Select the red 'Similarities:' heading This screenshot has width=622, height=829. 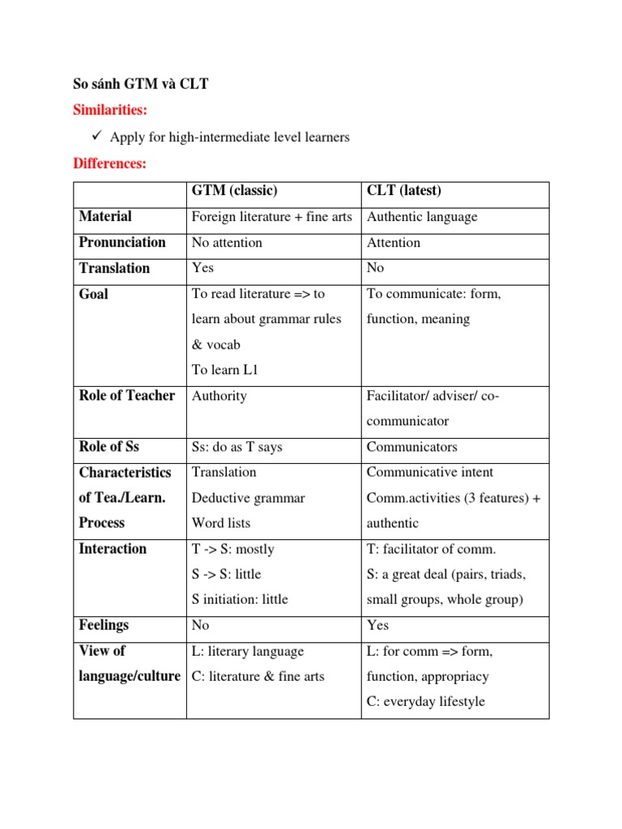(111, 109)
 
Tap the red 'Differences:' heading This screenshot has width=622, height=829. (110, 164)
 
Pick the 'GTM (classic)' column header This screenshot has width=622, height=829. (234, 191)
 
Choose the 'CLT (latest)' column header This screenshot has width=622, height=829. (403, 191)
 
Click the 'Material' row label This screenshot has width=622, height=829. (105, 217)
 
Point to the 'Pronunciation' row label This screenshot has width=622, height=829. (122, 242)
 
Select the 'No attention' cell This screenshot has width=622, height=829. (227, 243)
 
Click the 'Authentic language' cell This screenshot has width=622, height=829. (422, 217)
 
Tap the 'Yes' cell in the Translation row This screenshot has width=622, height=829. (202, 268)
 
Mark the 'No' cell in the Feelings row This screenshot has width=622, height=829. (200, 626)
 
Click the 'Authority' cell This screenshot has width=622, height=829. (219, 396)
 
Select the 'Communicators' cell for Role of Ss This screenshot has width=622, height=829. (411, 447)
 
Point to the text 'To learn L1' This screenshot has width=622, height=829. (224, 370)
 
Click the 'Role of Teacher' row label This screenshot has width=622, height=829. (127, 396)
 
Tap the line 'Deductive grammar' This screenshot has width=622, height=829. (248, 498)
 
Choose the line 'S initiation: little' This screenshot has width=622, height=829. (239, 600)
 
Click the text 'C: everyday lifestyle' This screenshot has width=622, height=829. (425, 702)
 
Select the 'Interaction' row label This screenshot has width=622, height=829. (113, 549)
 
